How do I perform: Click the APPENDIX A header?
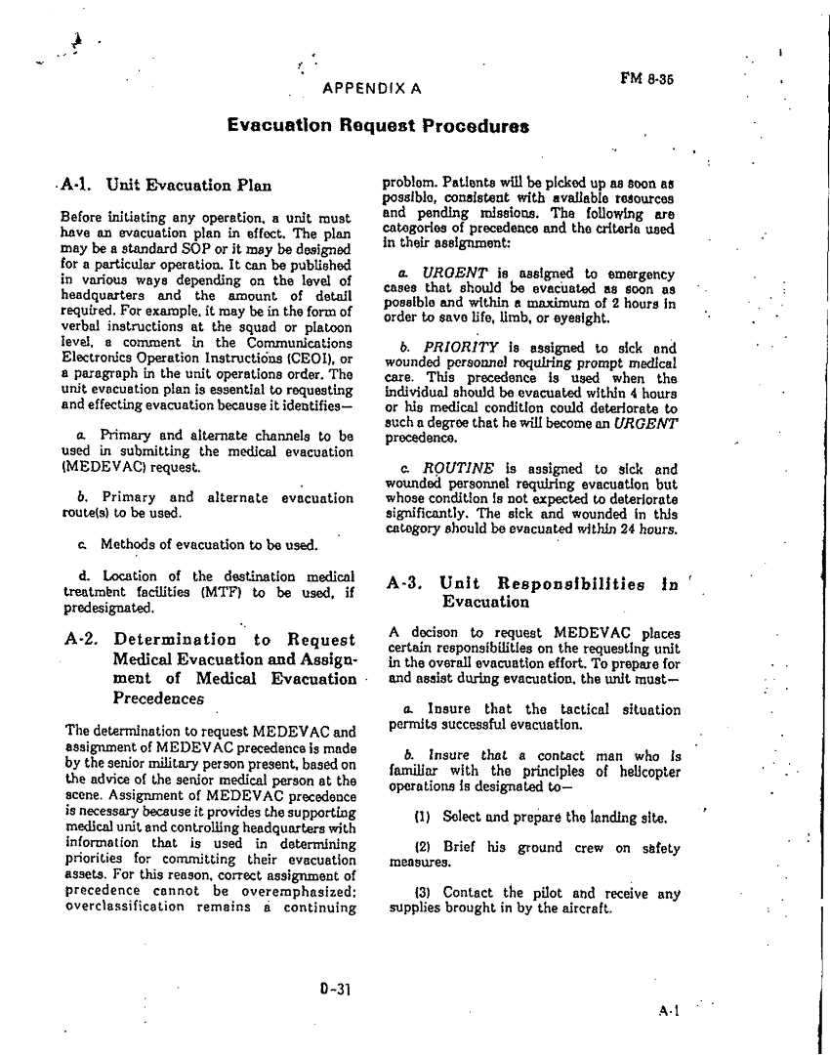pos(371,88)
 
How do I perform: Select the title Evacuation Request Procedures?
pos(379,125)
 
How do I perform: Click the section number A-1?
pos(75,184)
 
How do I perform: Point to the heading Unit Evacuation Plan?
pos(188,184)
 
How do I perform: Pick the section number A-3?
pos(404,584)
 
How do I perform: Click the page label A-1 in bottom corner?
pos(669,1013)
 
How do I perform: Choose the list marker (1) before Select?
pos(424,817)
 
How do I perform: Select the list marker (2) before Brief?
pos(424,848)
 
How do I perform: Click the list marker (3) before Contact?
pos(424,893)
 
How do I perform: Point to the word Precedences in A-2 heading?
pos(158,698)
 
